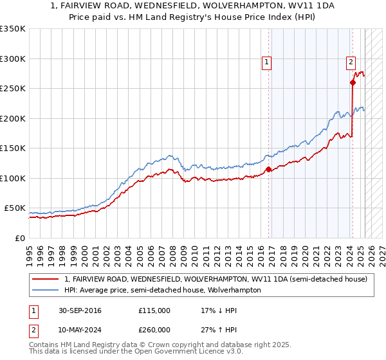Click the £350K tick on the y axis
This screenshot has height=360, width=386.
click(x=13, y=29)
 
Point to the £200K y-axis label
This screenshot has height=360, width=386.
click(x=13, y=118)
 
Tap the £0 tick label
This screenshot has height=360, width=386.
click(x=19, y=238)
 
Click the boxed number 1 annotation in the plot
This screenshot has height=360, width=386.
click(x=266, y=62)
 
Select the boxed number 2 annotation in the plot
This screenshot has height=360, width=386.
click(x=351, y=62)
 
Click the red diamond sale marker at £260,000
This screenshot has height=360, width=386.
click(x=353, y=82)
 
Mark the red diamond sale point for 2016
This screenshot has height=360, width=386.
click(x=269, y=170)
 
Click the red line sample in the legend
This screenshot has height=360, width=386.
click(x=46, y=280)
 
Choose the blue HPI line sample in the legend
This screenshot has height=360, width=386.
click(x=46, y=290)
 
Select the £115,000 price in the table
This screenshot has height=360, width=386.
click(x=154, y=310)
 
